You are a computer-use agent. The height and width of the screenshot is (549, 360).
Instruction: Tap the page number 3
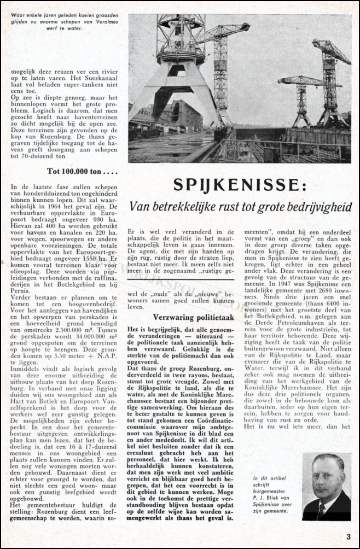click(348, 536)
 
